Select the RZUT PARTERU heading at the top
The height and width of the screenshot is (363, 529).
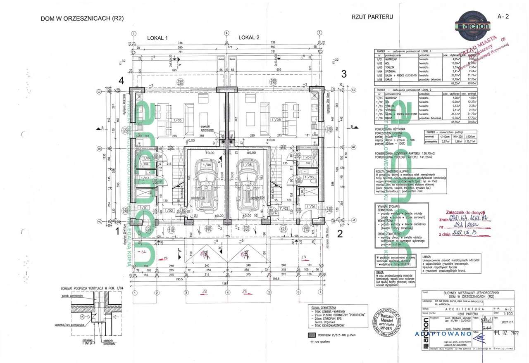[372, 17]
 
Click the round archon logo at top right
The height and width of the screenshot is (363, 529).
[472, 24]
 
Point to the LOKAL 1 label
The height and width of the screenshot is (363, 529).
[157, 38]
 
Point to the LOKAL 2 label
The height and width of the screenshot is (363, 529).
[249, 38]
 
